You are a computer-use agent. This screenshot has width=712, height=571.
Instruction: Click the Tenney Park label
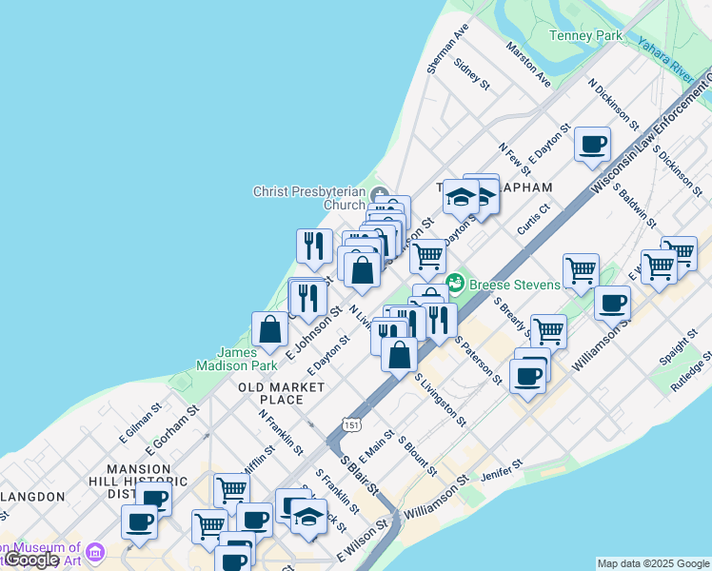tap(585, 36)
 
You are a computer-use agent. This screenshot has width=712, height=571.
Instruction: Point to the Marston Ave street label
tap(529, 66)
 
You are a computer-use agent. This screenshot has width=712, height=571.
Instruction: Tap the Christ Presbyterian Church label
tap(309, 198)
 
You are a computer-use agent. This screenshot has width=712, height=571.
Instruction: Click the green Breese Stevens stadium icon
tap(455, 283)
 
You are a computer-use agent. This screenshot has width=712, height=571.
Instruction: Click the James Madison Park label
tap(237, 358)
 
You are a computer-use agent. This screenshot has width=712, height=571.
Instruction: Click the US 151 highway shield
tap(352, 425)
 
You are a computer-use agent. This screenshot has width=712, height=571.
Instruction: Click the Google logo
tap(31, 560)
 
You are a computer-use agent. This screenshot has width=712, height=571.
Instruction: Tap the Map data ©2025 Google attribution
tap(653, 563)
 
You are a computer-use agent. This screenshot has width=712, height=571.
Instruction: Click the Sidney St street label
tap(471, 75)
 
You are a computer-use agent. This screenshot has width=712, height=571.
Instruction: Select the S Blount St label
tap(417, 458)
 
